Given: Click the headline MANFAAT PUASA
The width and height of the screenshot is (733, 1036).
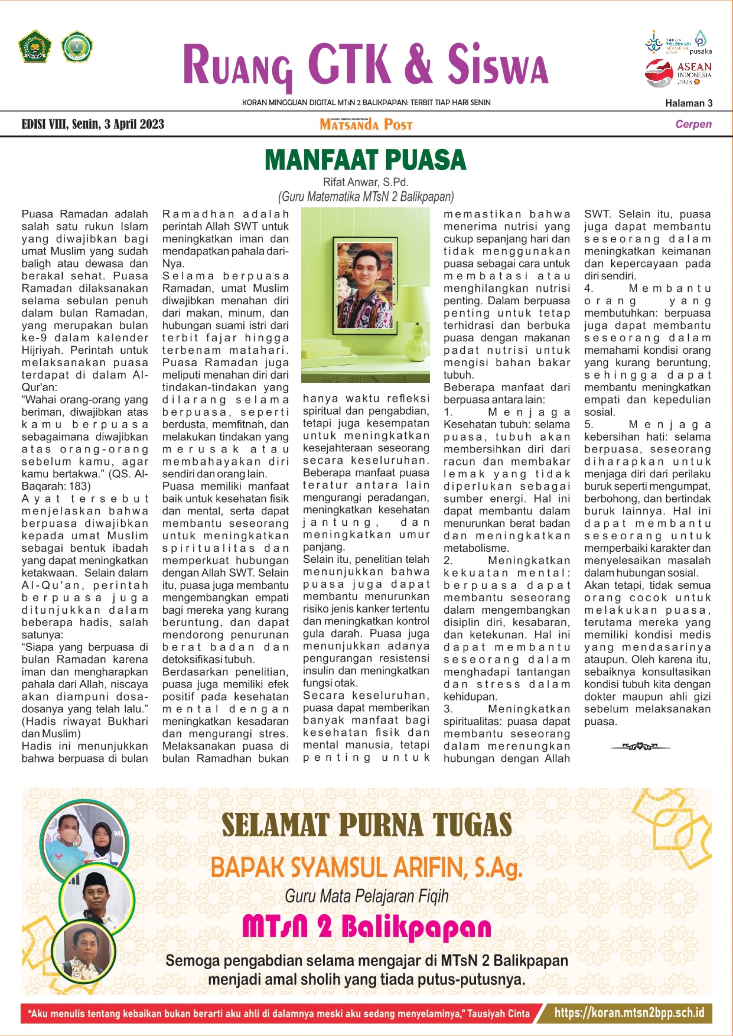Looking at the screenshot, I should (366, 160).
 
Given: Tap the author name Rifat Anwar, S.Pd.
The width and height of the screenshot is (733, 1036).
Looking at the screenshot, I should (366, 182).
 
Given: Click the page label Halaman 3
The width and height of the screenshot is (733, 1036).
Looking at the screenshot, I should (689, 103).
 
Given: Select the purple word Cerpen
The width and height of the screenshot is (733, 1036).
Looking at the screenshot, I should (693, 124).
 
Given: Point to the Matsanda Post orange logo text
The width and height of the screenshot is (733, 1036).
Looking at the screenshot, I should (366, 125).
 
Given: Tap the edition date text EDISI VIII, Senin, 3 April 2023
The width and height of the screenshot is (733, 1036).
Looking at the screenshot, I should (93, 124).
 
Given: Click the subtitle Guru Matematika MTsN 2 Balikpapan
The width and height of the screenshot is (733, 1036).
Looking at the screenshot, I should (366, 197).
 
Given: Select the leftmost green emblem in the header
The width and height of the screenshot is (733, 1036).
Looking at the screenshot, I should (35, 47).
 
